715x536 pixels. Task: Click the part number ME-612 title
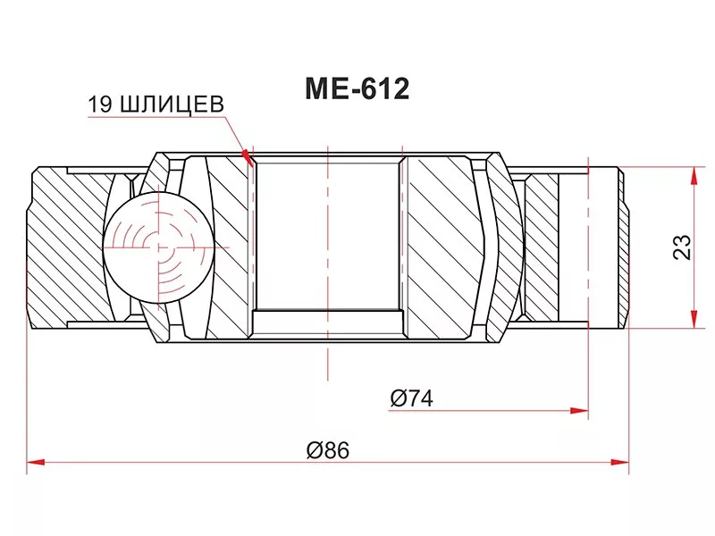(357, 89)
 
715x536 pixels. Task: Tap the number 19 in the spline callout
(97, 105)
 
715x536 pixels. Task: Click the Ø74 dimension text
(411, 399)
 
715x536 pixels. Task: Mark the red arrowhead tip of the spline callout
(253, 164)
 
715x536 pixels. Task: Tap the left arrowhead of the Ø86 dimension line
(33, 463)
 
